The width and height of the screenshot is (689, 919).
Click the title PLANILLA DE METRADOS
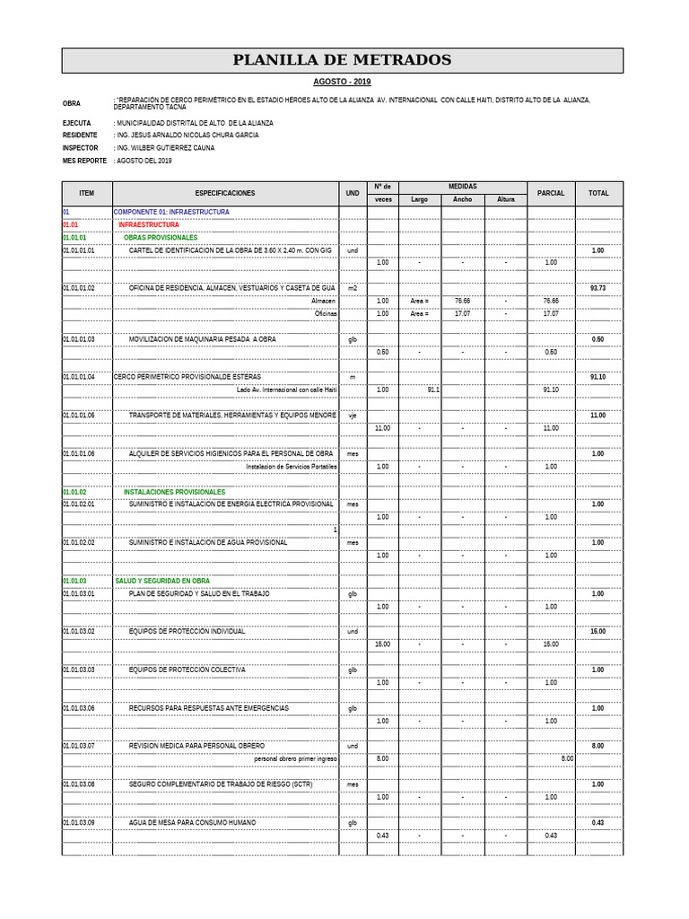click(x=342, y=61)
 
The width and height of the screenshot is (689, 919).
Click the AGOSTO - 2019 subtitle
click(x=342, y=82)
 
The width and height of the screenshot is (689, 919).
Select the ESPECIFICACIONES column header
click(x=224, y=193)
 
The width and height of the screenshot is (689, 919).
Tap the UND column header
click(x=353, y=193)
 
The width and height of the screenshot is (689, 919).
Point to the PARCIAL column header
click(x=551, y=193)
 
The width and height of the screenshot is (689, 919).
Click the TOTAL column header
click(x=598, y=193)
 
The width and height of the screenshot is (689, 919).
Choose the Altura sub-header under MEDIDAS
click(x=506, y=199)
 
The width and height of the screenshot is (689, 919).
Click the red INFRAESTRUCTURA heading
click(x=149, y=224)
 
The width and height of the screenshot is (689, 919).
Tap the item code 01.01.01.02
click(x=79, y=288)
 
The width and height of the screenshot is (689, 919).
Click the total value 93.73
click(x=597, y=288)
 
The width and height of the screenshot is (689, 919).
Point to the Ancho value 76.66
click(x=462, y=301)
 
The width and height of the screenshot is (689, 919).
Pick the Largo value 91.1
click(x=433, y=389)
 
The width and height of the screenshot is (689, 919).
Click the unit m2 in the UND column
click(x=353, y=288)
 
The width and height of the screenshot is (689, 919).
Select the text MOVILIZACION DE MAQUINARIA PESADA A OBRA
click(x=202, y=339)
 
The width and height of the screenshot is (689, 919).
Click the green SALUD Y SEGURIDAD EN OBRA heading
click(x=162, y=581)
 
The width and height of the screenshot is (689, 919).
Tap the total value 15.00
click(x=597, y=632)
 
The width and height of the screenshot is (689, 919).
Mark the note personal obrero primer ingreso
click(x=295, y=758)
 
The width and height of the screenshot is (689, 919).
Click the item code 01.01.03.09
click(x=79, y=822)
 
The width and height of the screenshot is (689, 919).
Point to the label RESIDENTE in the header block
click(x=80, y=135)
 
